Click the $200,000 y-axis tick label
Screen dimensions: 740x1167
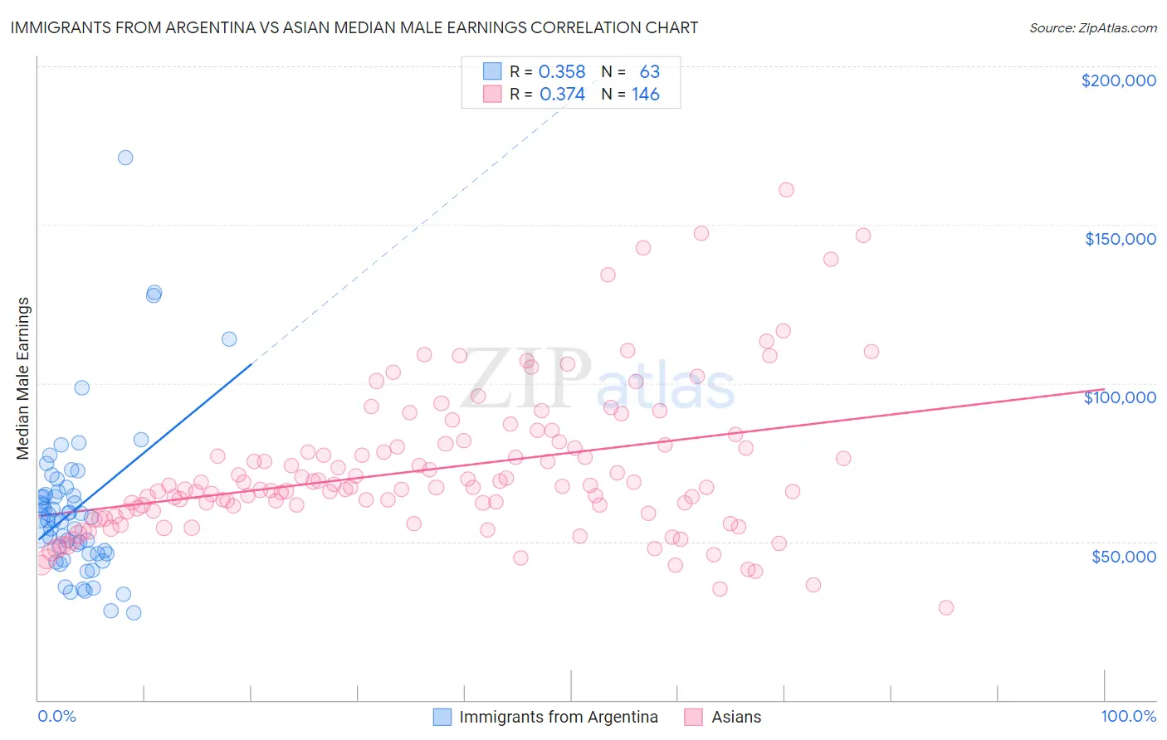click(1118, 80)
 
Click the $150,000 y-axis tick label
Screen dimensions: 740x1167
click(1120, 239)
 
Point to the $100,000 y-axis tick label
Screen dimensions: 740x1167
click(1120, 397)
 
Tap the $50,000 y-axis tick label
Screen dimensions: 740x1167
click(1123, 556)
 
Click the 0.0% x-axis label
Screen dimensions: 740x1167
click(56, 716)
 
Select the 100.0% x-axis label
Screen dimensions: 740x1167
click(1128, 716)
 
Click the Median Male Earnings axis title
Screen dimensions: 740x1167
click(23, 378)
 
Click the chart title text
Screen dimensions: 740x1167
click(354, 27)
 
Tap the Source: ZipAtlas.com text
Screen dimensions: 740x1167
click(1092, 27)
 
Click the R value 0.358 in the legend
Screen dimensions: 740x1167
click(562, 72)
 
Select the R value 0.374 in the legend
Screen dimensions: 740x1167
click(562, 95)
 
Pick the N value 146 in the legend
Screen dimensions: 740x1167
click(645, 95)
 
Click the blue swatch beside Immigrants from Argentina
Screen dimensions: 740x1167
click(442, 717)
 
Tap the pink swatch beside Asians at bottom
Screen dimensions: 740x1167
click(694, 717)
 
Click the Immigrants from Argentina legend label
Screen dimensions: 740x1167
click(558, 717)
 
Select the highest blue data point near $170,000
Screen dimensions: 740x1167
click(125, 158)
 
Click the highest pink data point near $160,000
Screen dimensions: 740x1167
click(786, 190)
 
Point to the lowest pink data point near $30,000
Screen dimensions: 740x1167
click(945, 607)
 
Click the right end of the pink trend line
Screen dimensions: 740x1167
click(1104, 389)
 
